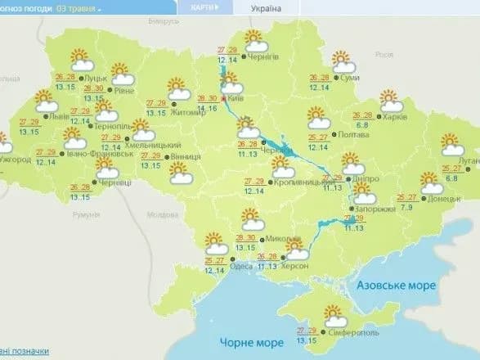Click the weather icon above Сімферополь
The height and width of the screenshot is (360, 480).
click(x=335, y=313)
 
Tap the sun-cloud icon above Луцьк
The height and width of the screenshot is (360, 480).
click(x=80, y=59)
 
